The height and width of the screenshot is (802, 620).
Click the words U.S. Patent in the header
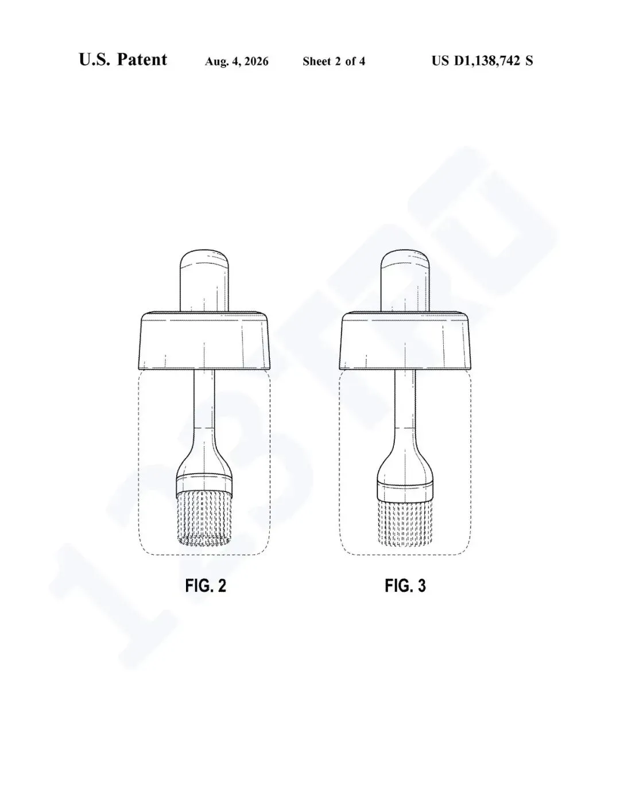point(123,60)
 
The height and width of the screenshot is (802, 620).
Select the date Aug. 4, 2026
point(237,61)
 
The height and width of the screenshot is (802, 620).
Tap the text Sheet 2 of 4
point(334,61)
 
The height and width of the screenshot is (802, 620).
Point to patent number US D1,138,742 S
point(482,61)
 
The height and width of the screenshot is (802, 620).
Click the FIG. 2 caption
point(206,586)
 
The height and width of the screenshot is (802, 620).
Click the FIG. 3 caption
point(405,586)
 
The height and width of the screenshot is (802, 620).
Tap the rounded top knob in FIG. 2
point(204,281)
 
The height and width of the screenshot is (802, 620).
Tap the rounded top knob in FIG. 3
point(405,281)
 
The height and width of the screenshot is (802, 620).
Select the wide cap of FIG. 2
point(206,342)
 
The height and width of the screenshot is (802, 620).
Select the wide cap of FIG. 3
point(406,342)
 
